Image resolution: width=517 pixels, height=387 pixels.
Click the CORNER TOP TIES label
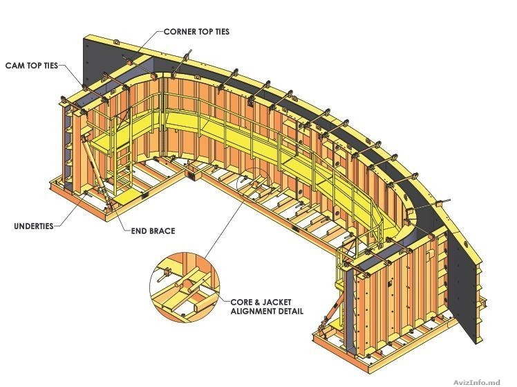click(x=196, y=32)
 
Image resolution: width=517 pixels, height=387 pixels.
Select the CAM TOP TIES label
click(x=31, y=65)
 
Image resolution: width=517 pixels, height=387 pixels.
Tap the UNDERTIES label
click(x=34, y=226)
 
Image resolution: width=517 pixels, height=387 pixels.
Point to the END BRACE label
click(x=153, y=231)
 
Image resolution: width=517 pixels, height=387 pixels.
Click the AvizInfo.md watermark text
click(x=477, y=382)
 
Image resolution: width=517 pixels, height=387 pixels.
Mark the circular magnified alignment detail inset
click(x=185, y=287)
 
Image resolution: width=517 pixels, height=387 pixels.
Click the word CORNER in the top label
click(x=179, y=32)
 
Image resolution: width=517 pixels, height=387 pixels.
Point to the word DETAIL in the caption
click(x=292, y=311)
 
